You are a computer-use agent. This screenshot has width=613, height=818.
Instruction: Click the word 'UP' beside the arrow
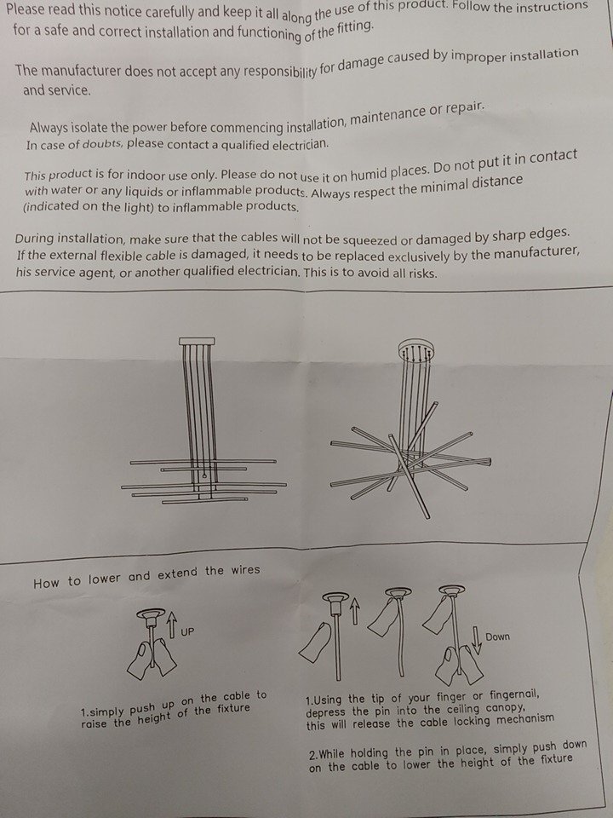pyautogui.click(x=187, y=631)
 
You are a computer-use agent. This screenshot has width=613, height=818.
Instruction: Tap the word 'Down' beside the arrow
pyautogui.click(x=497, y=637)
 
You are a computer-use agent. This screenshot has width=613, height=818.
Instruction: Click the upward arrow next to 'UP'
pyautogui.click(x=172, y=624)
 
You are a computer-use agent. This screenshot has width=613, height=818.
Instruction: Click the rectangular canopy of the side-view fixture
pyautogui.click(x=197, y=341)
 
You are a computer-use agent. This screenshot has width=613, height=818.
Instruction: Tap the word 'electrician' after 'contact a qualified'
pyautogui.click(x=301, y=143)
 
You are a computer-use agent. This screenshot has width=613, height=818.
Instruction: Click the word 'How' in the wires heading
pyautogui.click(x=47, y=583)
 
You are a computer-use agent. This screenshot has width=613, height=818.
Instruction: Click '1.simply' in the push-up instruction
pyautogui.click(x=103, y=711)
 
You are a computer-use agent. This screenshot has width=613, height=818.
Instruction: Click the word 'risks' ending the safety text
pyautogui.click(x=421, y=274)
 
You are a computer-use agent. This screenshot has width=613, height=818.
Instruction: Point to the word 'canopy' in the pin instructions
pyautogui.click(x=506, y=708)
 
